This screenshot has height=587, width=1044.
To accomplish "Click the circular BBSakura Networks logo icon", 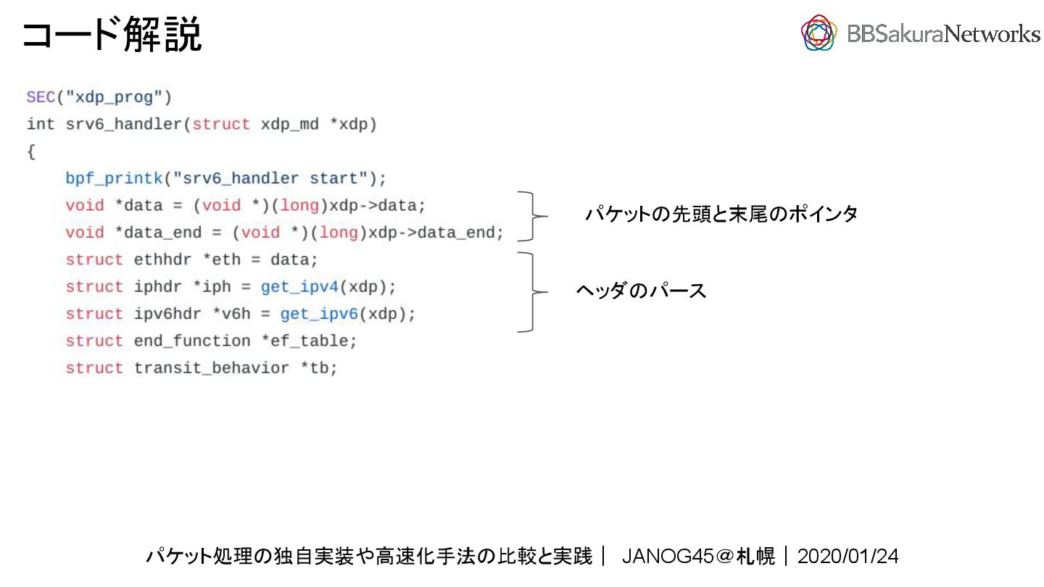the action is tap(819, 33).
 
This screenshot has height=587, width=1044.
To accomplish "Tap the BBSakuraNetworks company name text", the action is tap(943, 33).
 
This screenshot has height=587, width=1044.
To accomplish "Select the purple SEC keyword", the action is tap(41, 97).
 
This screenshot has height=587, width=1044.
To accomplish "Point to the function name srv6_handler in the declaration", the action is tap(124, 125).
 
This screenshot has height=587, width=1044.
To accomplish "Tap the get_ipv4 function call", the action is tap(299, 287).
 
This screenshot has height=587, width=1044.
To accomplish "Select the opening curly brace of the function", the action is tap(31, 151).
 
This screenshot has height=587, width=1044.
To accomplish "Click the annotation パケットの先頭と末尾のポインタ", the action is tap(721, 215).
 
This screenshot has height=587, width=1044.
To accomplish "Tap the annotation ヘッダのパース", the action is tap(641, 291).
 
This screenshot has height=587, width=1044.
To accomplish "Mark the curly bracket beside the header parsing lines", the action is tap(534, 292).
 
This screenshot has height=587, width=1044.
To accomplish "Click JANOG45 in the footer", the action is tap(668, 557).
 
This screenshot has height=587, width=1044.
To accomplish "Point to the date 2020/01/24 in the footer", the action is tap(848, 557).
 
